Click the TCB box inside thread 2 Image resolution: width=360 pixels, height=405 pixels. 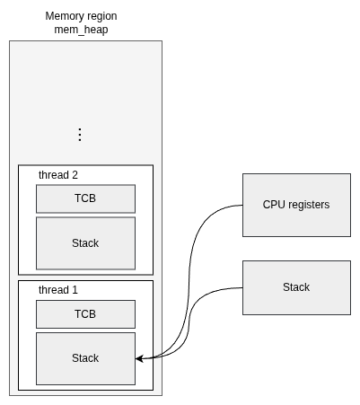85,198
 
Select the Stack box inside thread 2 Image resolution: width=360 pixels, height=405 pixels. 85,243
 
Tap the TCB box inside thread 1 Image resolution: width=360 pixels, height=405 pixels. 85,314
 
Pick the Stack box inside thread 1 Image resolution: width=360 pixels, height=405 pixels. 85,358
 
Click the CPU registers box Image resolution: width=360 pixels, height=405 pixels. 296,205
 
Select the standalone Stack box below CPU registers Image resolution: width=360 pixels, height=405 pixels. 296,287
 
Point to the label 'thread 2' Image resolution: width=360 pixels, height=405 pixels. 58,175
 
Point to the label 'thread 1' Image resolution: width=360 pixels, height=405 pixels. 58,290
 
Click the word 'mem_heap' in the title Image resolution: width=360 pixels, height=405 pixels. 81,30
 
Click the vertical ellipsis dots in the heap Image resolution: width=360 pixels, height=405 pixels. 80,135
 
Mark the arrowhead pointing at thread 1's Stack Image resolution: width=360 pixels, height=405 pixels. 139,358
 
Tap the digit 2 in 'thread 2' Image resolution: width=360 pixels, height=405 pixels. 75,175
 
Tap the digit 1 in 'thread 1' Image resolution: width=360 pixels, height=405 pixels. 75,290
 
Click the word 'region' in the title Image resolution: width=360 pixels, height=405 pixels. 103,17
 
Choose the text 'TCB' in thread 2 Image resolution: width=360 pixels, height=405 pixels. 85,198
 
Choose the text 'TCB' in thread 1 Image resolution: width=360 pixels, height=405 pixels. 85,314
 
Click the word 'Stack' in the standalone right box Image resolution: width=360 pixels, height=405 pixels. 296,287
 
